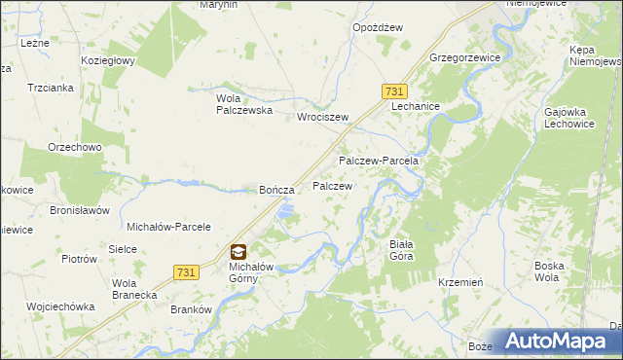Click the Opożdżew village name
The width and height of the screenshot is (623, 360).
[x=378, y=28]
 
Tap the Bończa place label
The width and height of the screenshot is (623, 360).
[x=275, y=190]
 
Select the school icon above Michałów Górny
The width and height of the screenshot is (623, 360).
[x=238, y=251]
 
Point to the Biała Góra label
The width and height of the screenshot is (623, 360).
[x=400, y=249]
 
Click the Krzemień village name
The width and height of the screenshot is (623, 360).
[x=461, y=281]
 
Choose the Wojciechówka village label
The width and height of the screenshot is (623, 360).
[x=60, y=306]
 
